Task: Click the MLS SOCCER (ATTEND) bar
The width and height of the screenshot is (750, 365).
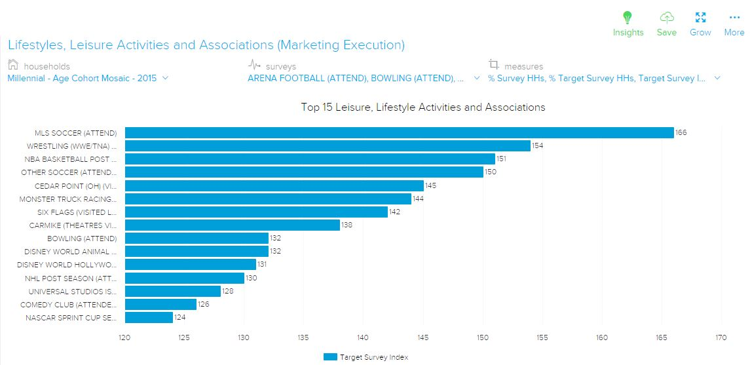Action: click(x=399, y=133)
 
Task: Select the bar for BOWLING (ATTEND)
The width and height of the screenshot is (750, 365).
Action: click(x=197, y=239)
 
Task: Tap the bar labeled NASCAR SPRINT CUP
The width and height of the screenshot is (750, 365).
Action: click(x=149, y=318)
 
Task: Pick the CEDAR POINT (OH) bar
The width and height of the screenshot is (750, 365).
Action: click(x=274, y=186)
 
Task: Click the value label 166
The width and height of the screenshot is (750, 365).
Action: click(x=681, y=133)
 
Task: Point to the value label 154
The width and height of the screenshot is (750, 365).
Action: click(x=538, y=146)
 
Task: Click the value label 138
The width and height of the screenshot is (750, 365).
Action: click(x=347, y=225)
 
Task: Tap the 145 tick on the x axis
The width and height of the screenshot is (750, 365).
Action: click(x=423, y=338)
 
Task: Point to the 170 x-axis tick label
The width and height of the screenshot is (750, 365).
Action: click(x=722, y=338)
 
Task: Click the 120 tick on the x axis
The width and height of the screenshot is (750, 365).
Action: click(x=124, y=338)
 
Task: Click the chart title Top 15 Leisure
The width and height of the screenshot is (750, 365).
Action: click(x=422, y=107)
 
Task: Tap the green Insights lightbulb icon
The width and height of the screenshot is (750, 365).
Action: click(x=628, y=18)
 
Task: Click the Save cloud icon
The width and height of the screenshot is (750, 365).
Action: click(x=666, y=18)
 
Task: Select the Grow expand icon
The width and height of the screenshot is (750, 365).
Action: click(x=700, y=18)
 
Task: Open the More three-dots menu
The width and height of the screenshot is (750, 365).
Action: click(x=734, y=18)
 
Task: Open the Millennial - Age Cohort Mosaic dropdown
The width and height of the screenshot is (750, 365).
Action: click(x=88, y=78)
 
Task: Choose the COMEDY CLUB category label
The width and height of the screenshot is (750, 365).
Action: click(x=69, y=305)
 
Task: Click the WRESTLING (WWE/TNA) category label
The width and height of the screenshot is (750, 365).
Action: click(x=72, y=146)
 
